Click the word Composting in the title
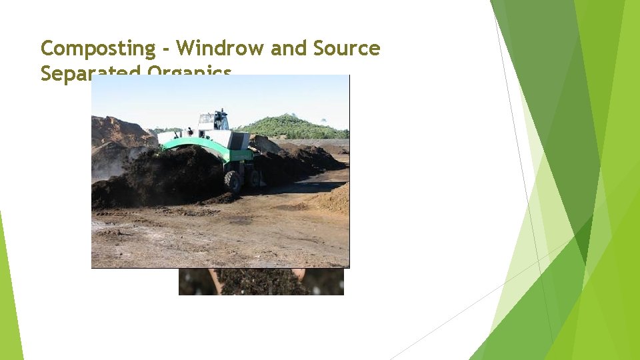click(x=98, y=49)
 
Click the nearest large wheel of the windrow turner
click(x=233, y=181)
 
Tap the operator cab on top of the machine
click(x=213, y=121)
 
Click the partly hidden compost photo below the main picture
click(x=260, y=281)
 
